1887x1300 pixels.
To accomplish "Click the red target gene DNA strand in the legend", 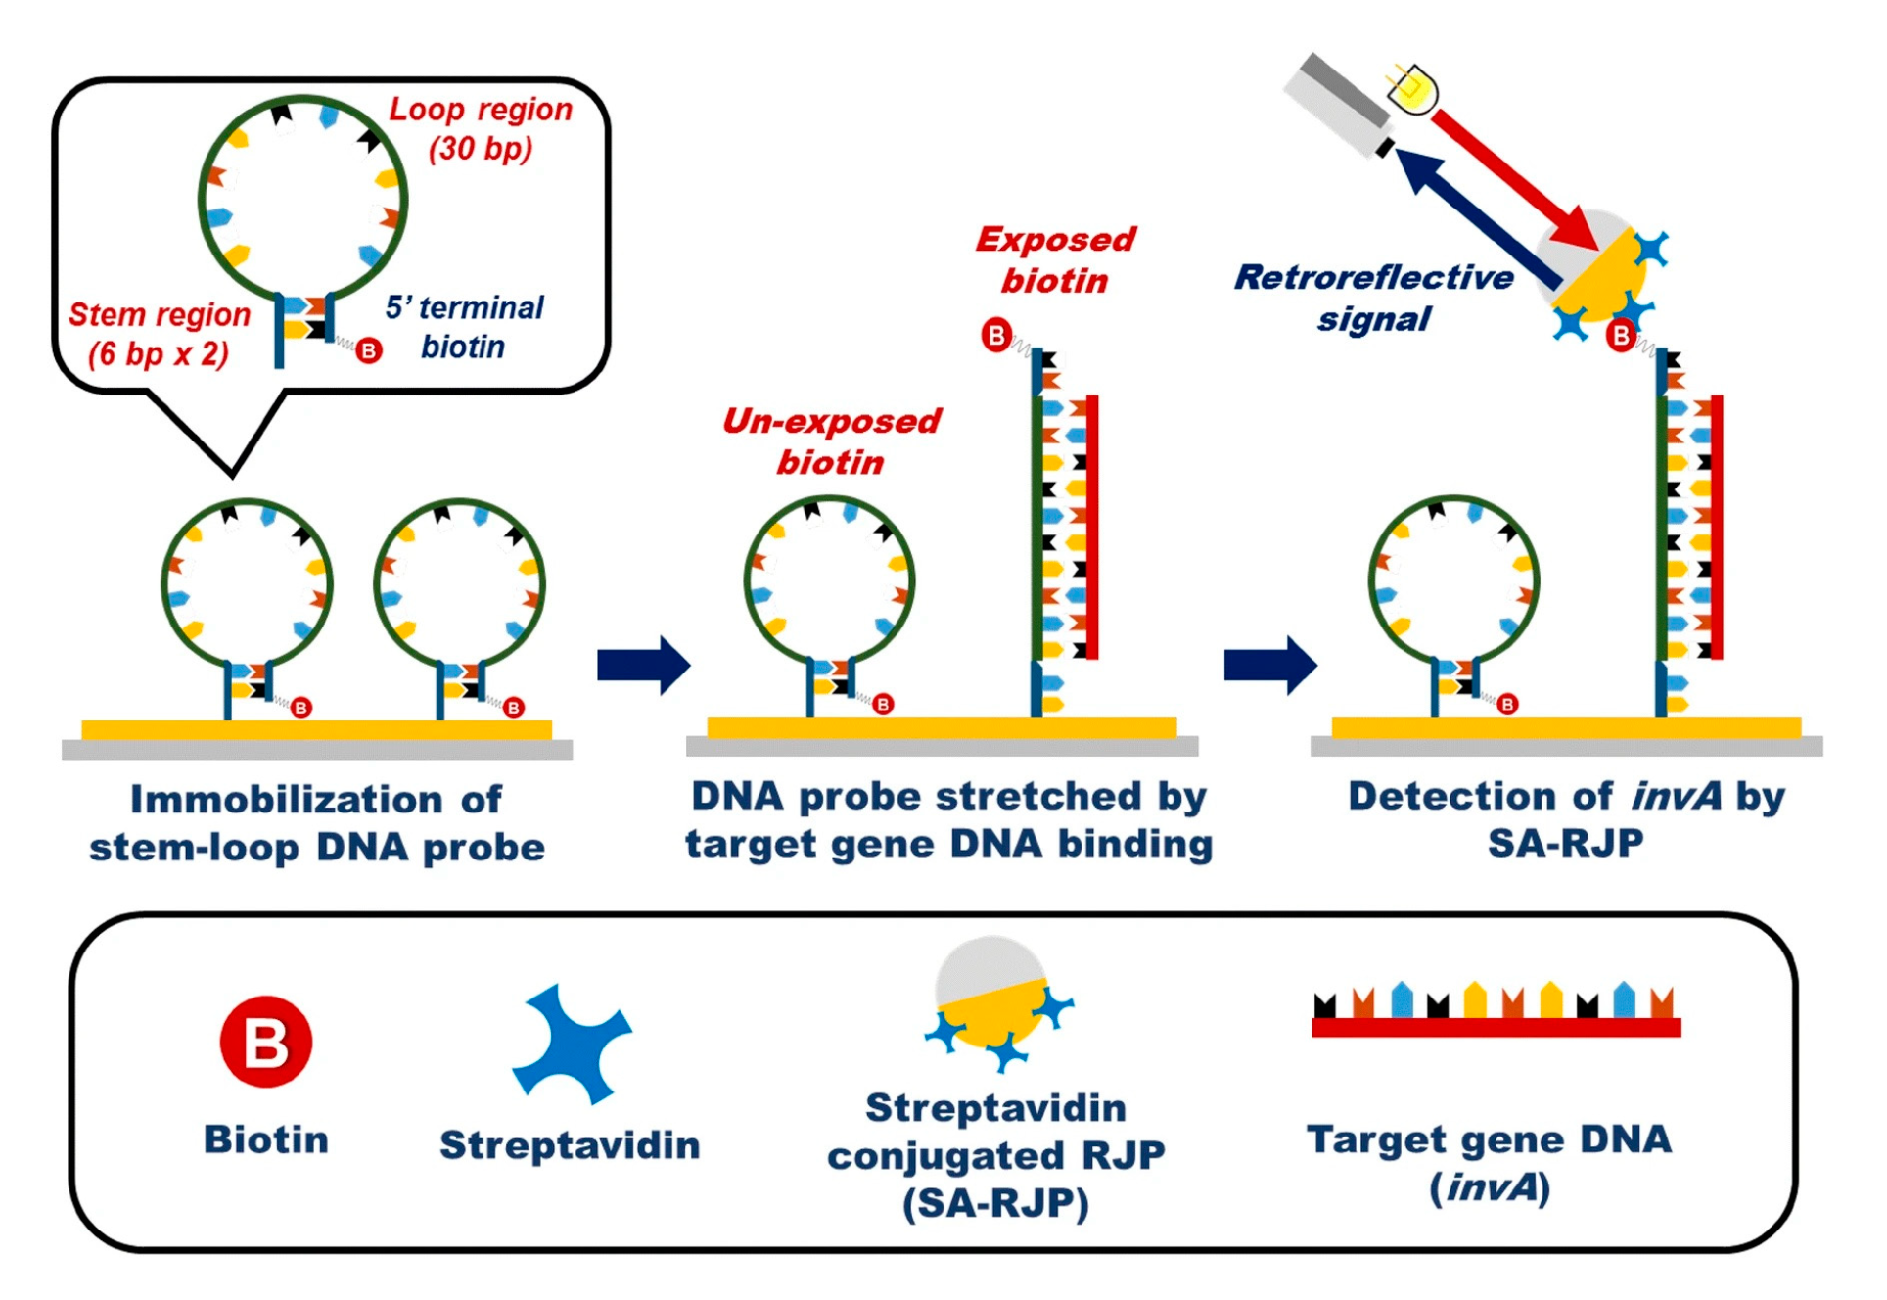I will (1496, 1027).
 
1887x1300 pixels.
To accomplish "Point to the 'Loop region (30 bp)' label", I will (481, 128).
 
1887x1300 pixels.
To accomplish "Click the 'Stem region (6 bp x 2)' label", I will (159, 334).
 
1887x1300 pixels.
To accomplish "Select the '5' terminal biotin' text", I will (464, 327).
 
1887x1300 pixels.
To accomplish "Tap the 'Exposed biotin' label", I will (1055, 260).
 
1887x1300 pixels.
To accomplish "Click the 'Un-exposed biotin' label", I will (830, 441).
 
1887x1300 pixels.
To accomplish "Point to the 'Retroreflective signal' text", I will (1374, 298).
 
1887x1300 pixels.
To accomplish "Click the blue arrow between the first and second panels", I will (643, 666).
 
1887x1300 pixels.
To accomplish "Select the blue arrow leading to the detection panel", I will (1269, 666).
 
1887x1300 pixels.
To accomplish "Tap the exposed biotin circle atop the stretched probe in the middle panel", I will (996, 336).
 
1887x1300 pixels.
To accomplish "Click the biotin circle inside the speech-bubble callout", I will (369, 350).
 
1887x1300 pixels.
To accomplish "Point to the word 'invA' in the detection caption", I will (1676, 797).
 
